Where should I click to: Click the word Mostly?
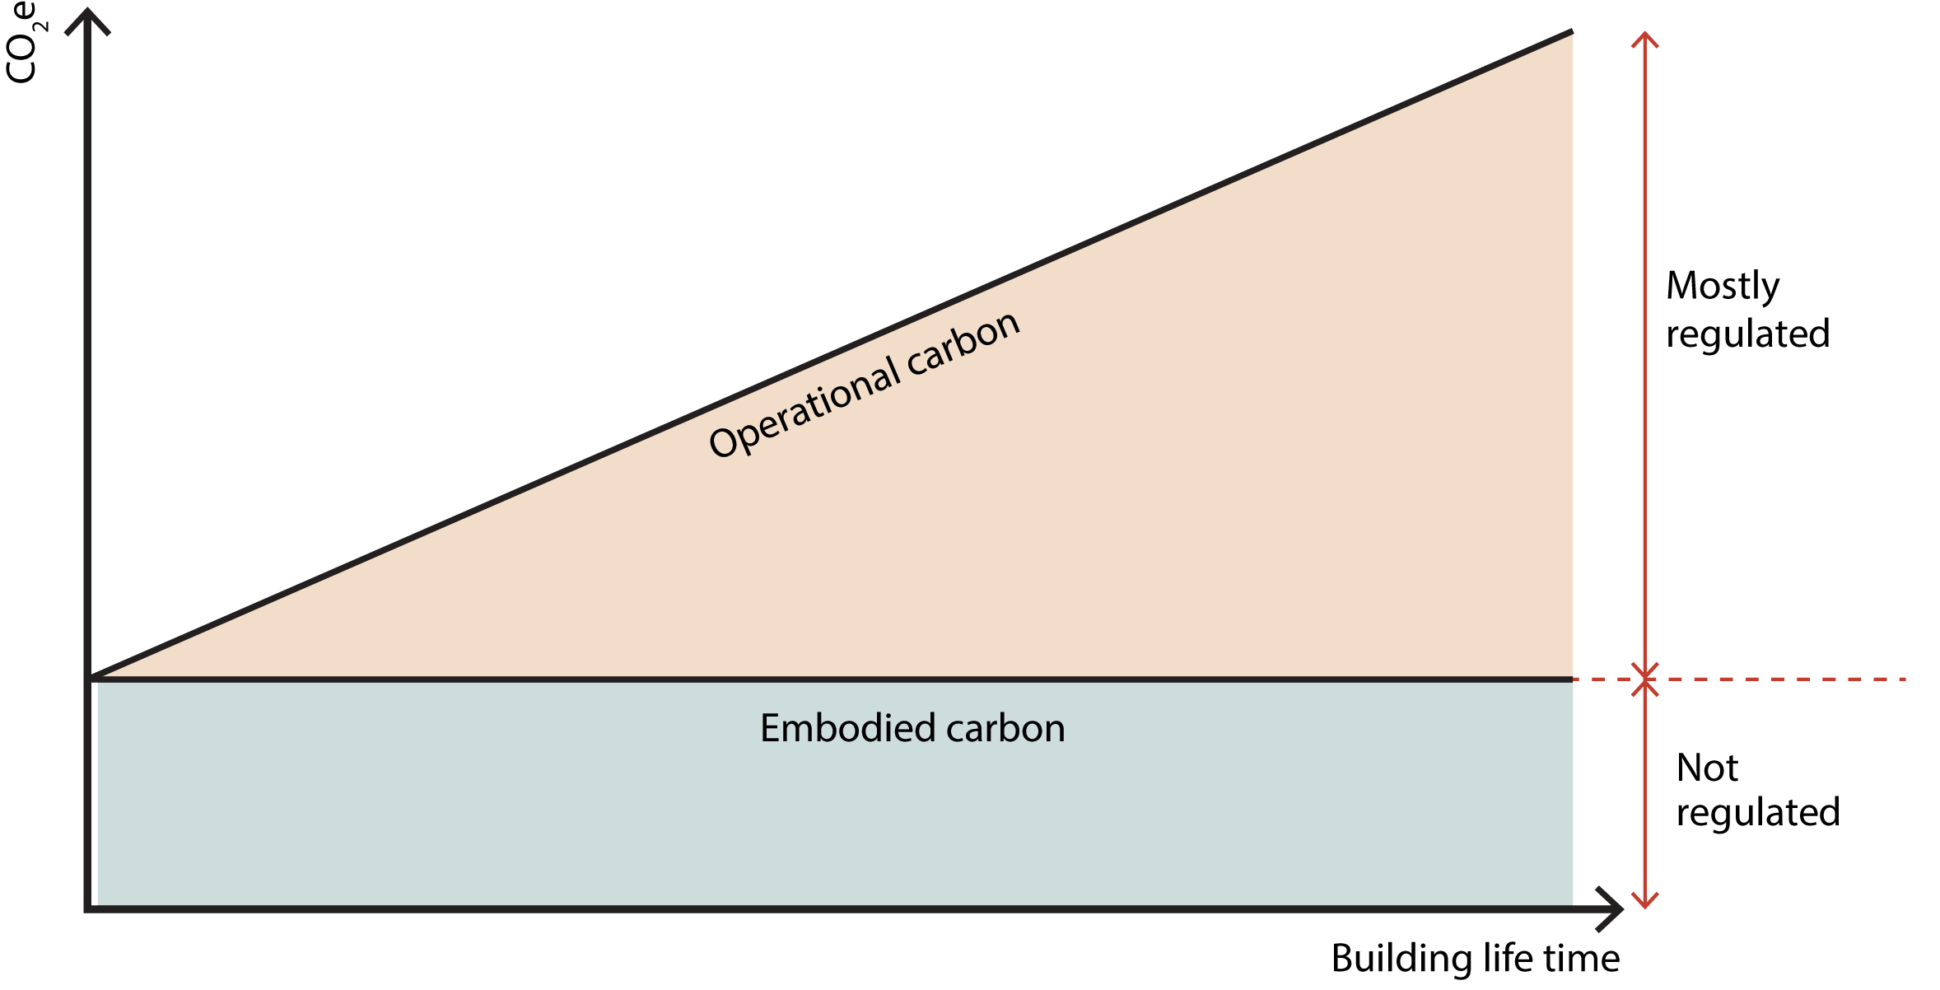[x=1723, y=287]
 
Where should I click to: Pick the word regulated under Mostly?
[x=1747, y=334]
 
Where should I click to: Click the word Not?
[x=1707, y=768]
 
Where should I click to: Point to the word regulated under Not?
[x=1758, y=813]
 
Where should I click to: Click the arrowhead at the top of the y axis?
[x=87, y=18]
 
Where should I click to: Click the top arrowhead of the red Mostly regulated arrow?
[x=1644, y=37]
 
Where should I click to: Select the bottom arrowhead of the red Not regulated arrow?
[x=1644, y=903]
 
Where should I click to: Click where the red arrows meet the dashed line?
[x=1644, y=679]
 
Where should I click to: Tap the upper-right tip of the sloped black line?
[x=1569, y=33]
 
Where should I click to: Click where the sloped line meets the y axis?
[x=91, y=678]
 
